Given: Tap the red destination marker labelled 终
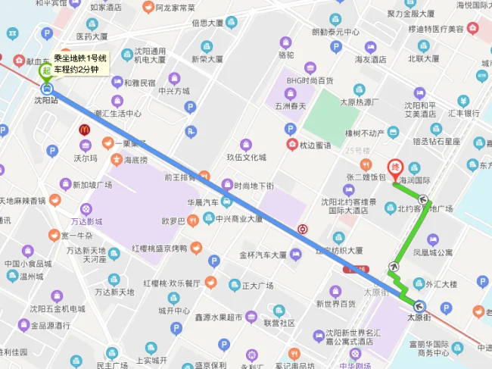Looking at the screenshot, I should click(x=394, y=167).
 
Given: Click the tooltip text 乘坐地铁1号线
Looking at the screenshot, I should click(x=81, y=58).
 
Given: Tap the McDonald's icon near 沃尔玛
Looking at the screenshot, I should click(x=85, y=130).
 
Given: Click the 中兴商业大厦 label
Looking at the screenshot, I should click(x=238, y=219).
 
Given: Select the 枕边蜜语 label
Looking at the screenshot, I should click(x=316, y=145).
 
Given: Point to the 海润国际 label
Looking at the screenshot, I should click(x=414, y=180).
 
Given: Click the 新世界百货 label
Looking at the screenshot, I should click(x=337, y=304).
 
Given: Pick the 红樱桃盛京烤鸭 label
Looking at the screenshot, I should click(x=159, y=248).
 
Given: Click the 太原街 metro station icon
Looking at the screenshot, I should click(x=420, y=307).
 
